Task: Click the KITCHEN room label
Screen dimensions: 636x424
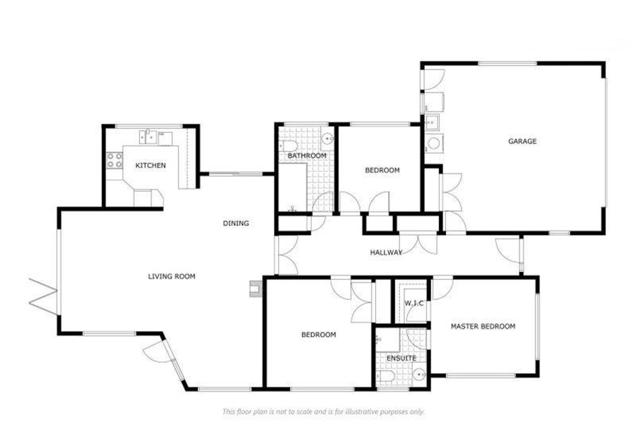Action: click(x=150, y=165)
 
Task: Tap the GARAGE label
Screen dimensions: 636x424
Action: click(x=522, y=141)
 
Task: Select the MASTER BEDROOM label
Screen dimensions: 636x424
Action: click(x=483, y=326)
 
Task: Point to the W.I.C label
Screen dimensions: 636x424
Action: click(x=414, y=304)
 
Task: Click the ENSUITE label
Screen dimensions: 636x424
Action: click(x=401, y=358)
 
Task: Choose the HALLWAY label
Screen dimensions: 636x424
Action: click(x=386, y=252)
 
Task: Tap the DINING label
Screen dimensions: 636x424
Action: click(x=236, y=224)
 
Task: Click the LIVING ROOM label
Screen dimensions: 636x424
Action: click(x=172, y=277)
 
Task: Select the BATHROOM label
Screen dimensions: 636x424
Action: click(x=307, y=156)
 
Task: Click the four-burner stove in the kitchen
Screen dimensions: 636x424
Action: click(x=114, y=160)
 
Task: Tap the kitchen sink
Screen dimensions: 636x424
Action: click(x=149, y=137)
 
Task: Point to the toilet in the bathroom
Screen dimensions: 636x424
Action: click(x=289, y=146)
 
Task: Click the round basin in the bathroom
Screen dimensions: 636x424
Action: click(x=328, y=139)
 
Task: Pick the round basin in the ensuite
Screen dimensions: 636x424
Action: click(x=419, y=374)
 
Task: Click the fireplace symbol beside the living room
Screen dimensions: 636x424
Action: click(x=256, y=289)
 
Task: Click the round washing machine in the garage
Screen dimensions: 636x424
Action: click(x=434, y=143)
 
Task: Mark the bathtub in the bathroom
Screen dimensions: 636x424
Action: click(x=293, y=188)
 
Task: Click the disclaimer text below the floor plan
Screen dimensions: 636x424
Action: click(x=324, y=412)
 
